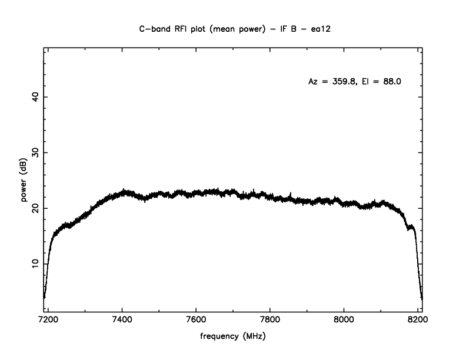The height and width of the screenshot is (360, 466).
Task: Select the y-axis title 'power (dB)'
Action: (24, 181)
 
